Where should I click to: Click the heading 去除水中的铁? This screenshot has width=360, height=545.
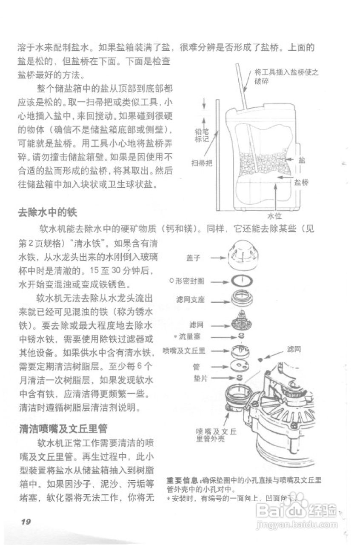coord(47,212)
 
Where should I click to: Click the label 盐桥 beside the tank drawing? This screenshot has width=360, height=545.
coord(301,182)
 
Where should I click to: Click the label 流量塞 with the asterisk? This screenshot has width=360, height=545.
coord(189,336)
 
